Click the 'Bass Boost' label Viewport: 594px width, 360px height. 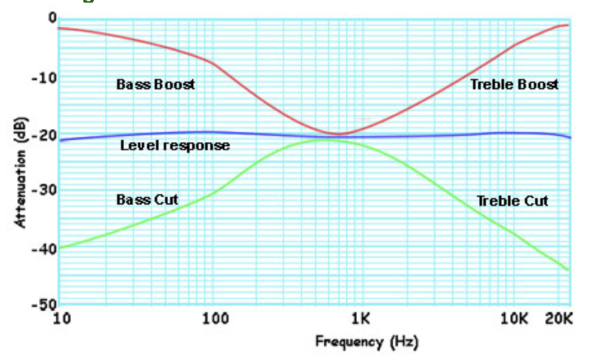click(155, 85)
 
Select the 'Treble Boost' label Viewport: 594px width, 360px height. click(514, 85)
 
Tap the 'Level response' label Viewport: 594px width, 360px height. click(175, 146)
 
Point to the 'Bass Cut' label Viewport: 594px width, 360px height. click(147, 199)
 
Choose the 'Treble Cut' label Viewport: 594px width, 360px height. click(512, 201)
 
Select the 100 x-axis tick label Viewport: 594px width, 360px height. click(215, 319)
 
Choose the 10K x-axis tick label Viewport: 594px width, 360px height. click(515, 319)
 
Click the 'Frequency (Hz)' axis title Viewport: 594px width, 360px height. click(366, 341)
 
